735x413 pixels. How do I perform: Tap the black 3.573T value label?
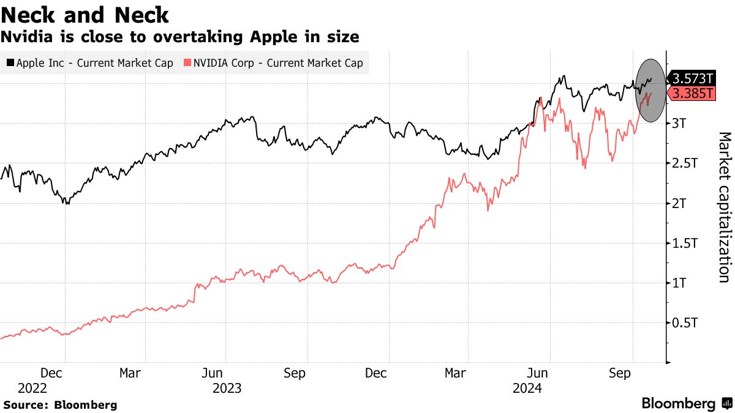[x=693, y=78]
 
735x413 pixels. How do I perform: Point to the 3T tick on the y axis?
[x=679, y=124]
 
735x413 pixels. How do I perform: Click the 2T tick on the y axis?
[x=679, y=203]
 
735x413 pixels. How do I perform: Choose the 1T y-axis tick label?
[x=679, y=283]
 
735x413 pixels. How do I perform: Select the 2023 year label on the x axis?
[x=227, y=389]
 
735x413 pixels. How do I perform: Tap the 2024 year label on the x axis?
[x=527, y=389]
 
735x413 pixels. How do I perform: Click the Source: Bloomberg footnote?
[x=60, y=405]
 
